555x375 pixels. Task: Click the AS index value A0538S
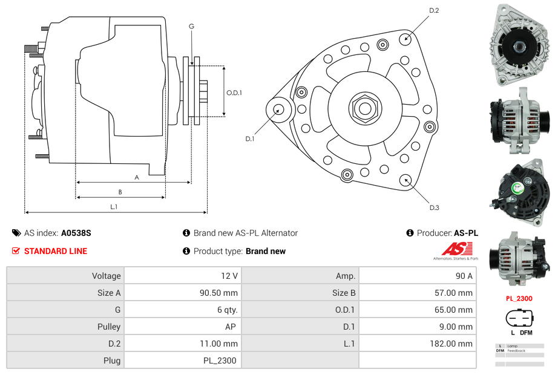pos(76,233)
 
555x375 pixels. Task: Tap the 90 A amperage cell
pos(464,276)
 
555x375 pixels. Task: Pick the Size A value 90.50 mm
pos(218,293)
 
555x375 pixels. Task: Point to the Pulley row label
pos(110,327)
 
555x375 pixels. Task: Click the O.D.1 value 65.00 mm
pos(454,310)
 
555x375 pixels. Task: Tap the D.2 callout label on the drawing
pos(434,11)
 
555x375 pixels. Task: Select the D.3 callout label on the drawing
pos(434,207)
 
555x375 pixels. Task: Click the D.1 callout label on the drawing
pos(249,139)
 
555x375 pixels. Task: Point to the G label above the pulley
pos(191,26)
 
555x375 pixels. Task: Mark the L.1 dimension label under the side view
pos(114,207)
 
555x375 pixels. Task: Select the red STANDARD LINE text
pos(56,251)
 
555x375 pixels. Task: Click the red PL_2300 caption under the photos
pos(519,298)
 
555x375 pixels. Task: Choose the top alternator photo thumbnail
pos(519,45)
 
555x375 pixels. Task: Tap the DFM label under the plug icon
pos(526,333)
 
